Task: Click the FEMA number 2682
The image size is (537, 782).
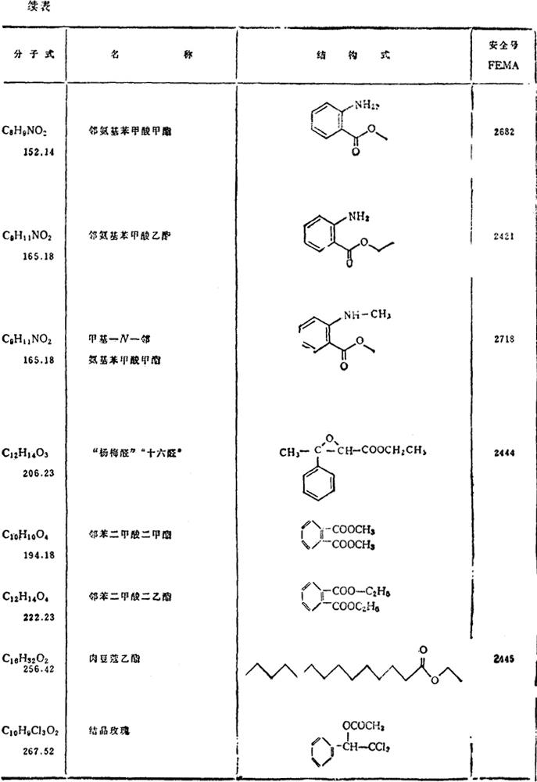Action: click(x=503, y=132)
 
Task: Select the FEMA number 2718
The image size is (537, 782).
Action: click(x=503, y=339)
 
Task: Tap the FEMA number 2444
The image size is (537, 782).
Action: click(x=503, y=451)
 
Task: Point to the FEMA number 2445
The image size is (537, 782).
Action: click(x=503, y=659)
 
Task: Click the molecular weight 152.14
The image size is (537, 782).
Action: click(x=39, y=146)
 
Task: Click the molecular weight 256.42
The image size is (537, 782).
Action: click(x=39, y=670)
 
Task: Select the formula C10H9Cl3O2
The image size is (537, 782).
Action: click(x=36, y=731)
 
